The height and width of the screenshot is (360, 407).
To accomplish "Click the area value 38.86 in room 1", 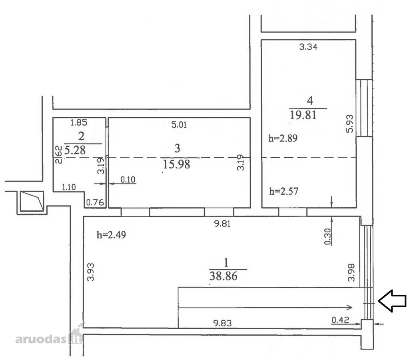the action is tap(223, 276).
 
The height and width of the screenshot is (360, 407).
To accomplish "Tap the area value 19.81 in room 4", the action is tap(303, 115).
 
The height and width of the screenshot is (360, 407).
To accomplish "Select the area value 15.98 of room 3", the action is tap(176, 164).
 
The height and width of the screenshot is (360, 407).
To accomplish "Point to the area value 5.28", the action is tap(75, 150).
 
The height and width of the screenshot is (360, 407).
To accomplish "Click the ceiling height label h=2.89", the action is tap(283, 138).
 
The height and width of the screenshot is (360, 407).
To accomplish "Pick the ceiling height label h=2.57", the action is tap(284, 192).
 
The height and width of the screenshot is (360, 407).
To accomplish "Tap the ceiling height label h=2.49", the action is tap(112, 235).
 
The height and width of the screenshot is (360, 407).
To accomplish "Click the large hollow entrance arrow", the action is tap(392, 301).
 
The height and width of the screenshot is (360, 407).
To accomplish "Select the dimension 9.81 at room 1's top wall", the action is tap(222, 224).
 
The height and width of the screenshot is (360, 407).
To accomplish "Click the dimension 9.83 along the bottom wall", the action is tap(222, 323).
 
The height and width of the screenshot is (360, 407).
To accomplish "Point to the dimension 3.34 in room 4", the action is tap(308, 47).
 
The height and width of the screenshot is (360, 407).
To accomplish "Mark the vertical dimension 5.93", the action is tap(350, 124).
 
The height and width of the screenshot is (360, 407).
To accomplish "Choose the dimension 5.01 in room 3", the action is tap(179, 125).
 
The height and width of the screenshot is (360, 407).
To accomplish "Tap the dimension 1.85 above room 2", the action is tap(79, 122).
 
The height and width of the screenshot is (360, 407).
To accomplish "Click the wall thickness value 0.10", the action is tap(128, 180).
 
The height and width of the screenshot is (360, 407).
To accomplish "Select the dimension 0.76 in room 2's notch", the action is tap(95, 202).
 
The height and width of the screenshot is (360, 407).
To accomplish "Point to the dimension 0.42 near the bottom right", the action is tap(340, 320).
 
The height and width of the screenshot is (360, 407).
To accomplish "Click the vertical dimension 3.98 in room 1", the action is tap(351, 272).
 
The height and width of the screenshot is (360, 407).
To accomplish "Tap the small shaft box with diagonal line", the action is tap(32, 201).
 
